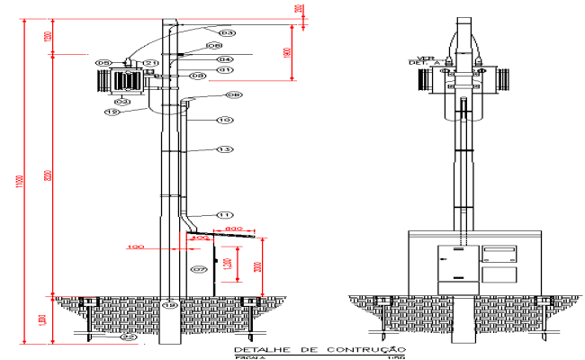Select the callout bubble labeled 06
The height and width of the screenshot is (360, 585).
click(x=214, y=45)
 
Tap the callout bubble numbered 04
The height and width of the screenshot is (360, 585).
click(x=224, y=59)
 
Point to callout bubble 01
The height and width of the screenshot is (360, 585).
click(x=224, y=68)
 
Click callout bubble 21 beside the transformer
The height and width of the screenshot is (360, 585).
click(x=151, y=63)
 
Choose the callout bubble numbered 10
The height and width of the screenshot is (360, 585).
click(x=224, y=120)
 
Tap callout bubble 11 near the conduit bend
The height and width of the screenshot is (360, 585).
click(x=224, y=214)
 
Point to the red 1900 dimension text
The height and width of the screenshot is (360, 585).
click(x=285, y=53)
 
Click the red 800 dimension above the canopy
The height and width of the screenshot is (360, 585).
click(x=233, y=229)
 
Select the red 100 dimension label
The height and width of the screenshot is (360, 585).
click(x=136, y=246)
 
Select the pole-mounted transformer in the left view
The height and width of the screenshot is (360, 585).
click(x=125, y=81)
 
